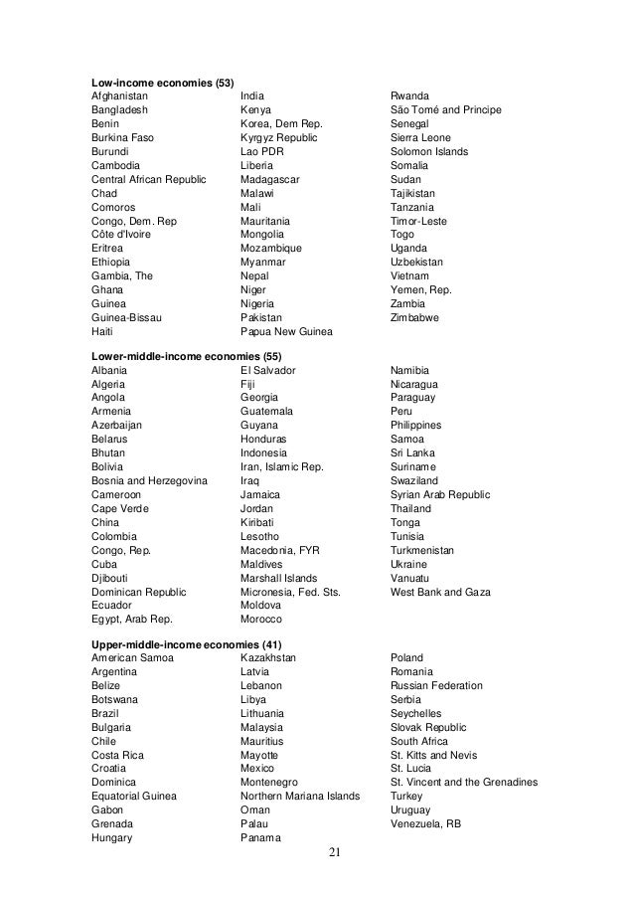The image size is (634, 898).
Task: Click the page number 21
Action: [333, 852]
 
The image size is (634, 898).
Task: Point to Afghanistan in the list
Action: [121, 95]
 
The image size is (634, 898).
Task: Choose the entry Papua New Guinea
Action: [286, 331]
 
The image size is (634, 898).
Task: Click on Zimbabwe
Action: [415, 317]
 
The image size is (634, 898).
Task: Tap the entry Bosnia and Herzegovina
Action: [149, 480]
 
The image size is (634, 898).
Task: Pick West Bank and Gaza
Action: [440, 591]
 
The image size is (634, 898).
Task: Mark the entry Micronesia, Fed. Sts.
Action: [290, 591]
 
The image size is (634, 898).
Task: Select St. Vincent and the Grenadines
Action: [464, 783]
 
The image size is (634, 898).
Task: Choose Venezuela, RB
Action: [425, 824]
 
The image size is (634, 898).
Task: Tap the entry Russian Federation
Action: [436, 686]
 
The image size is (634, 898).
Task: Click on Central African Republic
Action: [148, 179]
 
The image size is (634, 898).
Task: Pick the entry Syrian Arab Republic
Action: [440, 494]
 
